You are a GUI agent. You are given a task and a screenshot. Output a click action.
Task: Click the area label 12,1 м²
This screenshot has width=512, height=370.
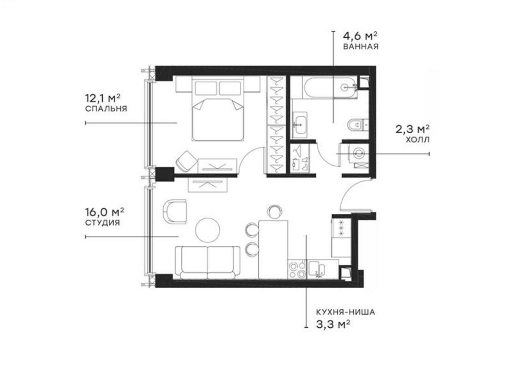pos(102,99)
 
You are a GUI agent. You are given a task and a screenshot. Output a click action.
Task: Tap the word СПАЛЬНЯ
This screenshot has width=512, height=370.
pos(106,109)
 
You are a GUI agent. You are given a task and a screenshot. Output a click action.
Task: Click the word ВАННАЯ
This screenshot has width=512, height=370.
pos(361,46)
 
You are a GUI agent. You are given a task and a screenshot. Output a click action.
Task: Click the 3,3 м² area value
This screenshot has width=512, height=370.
pos(333,324)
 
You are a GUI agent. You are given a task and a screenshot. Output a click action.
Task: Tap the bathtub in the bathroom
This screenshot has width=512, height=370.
pos(323,88)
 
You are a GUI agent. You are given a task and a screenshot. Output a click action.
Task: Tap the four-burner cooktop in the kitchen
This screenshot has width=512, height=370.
pos(297,270)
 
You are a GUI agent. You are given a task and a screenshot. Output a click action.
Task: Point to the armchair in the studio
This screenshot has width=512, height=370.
pos(176,211)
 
